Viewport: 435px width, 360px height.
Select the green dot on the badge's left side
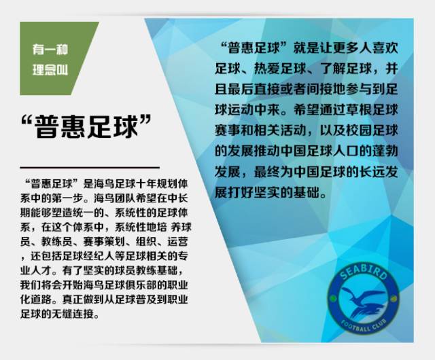332,306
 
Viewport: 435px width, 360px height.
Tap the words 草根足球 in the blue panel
377,109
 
